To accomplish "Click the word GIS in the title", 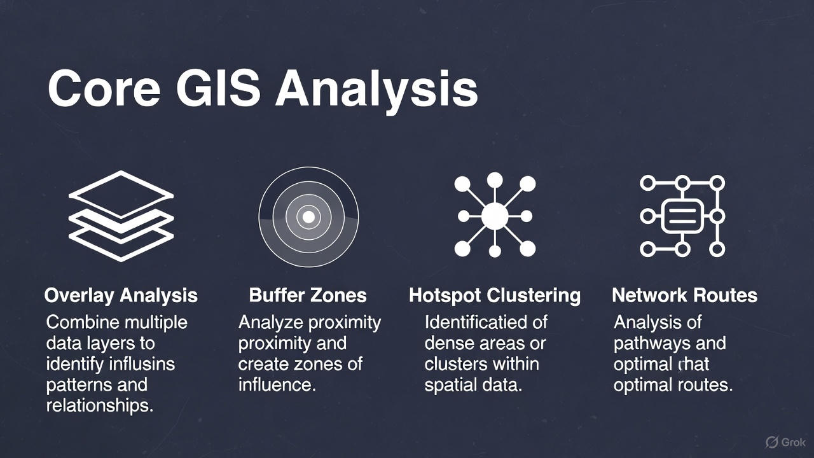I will (x=218, y=88).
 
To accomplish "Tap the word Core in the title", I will (x=104, y=88).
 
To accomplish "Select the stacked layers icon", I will (x=121, y=216).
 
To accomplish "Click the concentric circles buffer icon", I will (x=308, y=217).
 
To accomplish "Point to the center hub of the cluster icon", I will (x=495, y=216).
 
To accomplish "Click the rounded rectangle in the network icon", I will (x=682, y=216).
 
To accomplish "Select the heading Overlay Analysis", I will (x=121, y=295).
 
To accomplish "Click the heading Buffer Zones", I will (x=308, y=295).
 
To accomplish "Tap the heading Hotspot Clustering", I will (x=494, y=295).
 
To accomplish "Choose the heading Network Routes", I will (x=684, y=295).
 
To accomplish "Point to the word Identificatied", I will (x=486, y=323).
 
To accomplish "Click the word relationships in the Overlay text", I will (x=100, y=406).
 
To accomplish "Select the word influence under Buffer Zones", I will (x=277, y=385).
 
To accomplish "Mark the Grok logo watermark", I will (x=786, y=441).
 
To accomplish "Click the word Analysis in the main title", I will (x=376, y=88).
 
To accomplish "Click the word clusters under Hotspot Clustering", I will (x=454, y=364).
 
